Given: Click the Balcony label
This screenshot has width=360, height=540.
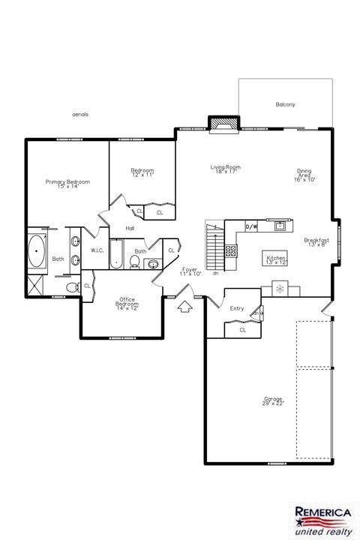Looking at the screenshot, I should (x=285, y=104).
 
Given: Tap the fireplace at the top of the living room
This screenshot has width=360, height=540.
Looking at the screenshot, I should (x=222, y=124).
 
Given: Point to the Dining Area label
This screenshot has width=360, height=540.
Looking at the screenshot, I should (x=304, y=175).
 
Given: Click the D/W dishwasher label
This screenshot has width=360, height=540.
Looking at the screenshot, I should (x=252, y=226).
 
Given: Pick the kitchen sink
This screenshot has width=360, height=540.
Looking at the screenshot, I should (x=280, y=225).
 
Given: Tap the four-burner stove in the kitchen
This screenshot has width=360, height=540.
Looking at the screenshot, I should (x=232, y=251).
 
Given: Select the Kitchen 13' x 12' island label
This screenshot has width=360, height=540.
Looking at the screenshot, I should (x=276, y=259).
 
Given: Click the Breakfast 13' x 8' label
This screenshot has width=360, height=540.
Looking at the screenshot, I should (x=316, y=241).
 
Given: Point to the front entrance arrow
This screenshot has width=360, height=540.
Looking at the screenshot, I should (x=183, y=305).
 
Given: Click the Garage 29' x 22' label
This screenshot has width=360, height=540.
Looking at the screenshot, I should (x=252, y=402).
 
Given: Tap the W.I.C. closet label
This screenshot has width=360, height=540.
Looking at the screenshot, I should (x=97, y=250).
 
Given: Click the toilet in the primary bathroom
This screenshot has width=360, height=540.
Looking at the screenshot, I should (x=71, y=287).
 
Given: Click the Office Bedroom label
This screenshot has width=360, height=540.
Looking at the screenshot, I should (x=126, y=303).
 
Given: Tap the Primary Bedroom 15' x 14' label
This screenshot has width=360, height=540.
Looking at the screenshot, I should (x=67, y=184).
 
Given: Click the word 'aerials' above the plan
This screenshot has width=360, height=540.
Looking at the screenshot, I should (x=80, y=114).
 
